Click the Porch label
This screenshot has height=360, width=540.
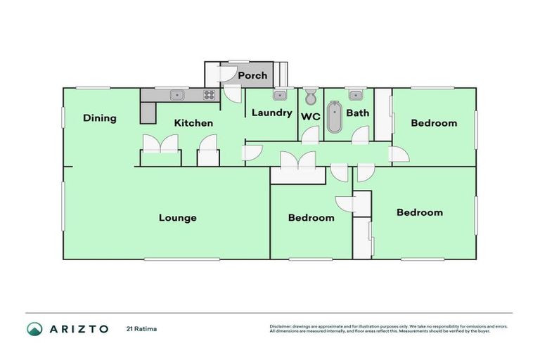point(252,75)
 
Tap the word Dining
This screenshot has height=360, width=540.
point(99,118)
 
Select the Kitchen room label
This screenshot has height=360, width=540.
point(193,123)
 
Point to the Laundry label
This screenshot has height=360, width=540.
point(271,112)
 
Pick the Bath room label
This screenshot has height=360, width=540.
point(357,112)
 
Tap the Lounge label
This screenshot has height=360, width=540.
point(177,217)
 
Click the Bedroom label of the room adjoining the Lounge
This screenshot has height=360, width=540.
point(311,217)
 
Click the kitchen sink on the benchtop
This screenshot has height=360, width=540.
point(176,95)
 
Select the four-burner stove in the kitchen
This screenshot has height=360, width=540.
point(209,95)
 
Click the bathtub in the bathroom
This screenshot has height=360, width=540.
point(334,117)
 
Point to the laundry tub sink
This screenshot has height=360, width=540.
point(278,94)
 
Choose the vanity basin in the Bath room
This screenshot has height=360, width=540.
point(354,94)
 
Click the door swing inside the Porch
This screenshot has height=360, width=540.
point(228,75)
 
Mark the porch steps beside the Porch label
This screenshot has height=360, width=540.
point(282,75)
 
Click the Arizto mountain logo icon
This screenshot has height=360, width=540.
point(34,329)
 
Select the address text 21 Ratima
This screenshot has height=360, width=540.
point(141,328)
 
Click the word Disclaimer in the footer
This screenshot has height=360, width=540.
point(281,326)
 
